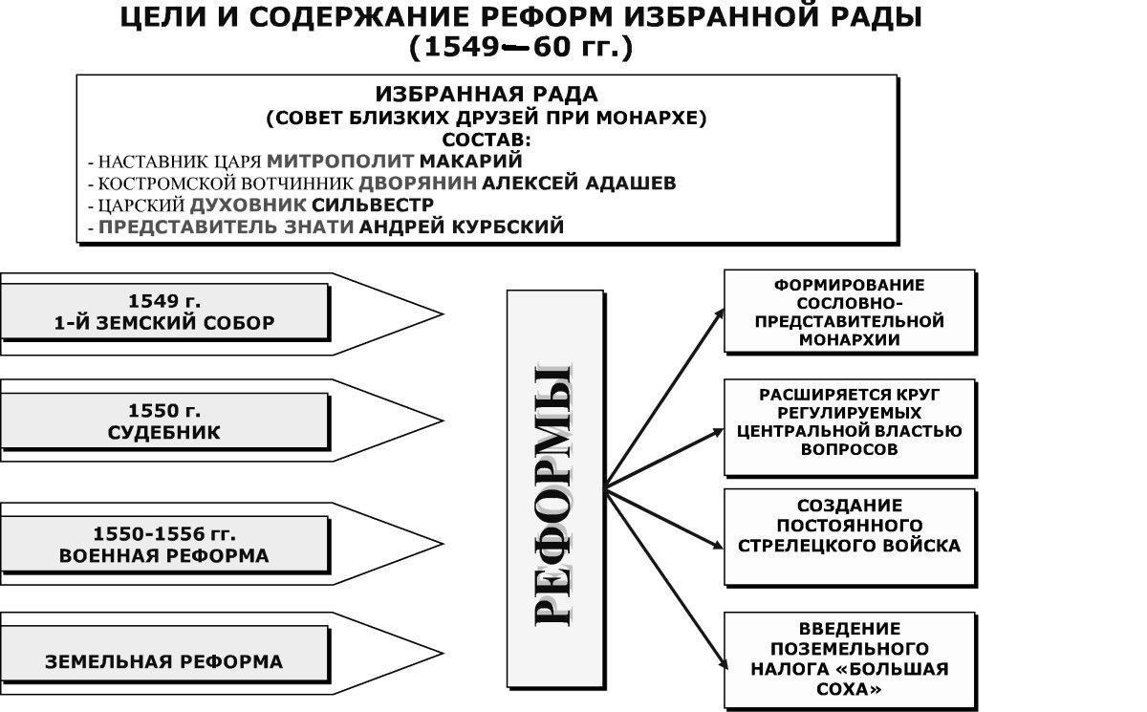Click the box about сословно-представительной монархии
[x=849, y=313]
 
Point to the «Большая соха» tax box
[x=849, y=658]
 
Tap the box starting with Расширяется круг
[x=849, y=422]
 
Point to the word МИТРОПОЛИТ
[x=341, y=161]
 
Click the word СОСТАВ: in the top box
[x=487, y=140]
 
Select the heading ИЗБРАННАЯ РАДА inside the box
[x=487, y=95]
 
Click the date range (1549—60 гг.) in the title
[x=521, y=48]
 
